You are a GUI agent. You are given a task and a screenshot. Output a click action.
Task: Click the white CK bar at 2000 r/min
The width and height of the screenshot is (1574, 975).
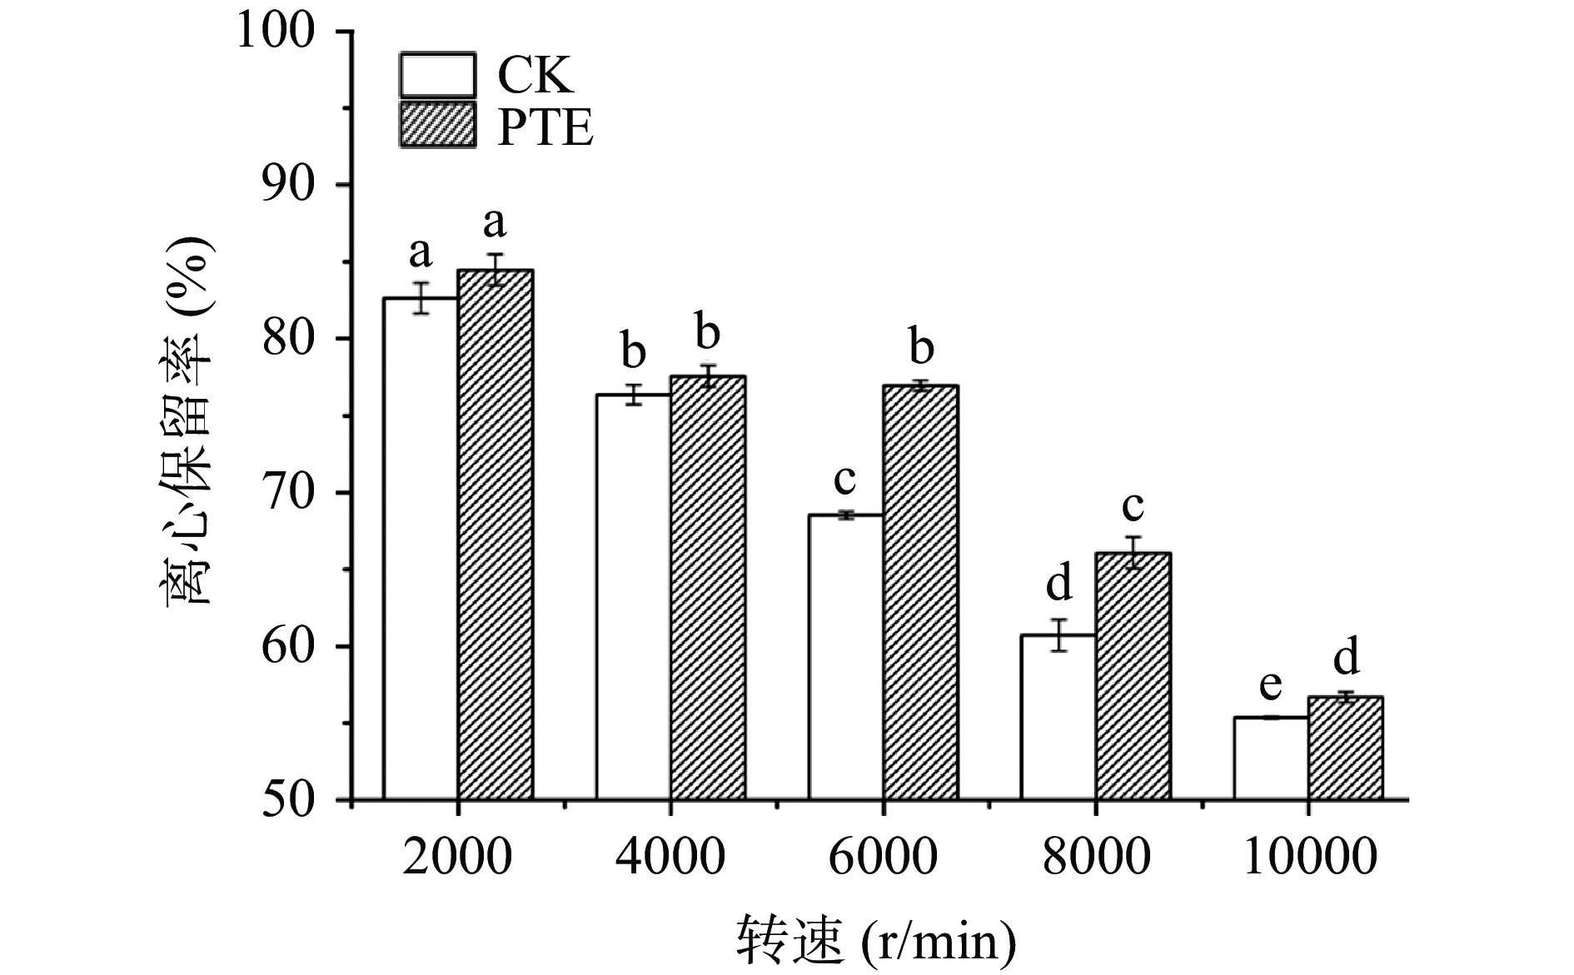[x=420, y=550]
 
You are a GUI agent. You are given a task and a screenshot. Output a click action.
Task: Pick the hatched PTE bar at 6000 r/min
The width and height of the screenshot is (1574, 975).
[x=920, y=592]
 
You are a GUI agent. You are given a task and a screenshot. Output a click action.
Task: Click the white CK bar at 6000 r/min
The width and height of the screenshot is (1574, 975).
[x=845, y=658]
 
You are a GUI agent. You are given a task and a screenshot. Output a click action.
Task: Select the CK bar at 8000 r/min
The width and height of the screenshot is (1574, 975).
[x=1058, y=717]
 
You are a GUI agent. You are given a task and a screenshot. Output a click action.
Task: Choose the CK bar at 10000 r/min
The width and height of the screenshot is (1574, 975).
[x=1270, y=758]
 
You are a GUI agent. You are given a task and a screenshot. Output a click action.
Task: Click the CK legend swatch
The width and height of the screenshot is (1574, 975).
[x=437, y=76]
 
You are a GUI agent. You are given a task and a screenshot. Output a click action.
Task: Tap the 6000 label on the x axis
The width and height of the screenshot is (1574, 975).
[x=883, y=856]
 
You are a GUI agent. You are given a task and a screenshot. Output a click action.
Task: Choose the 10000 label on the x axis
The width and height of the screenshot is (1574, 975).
[x=1308, y=856]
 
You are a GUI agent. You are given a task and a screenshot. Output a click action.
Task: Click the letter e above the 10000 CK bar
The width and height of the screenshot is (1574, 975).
[x=1270, y=685]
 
